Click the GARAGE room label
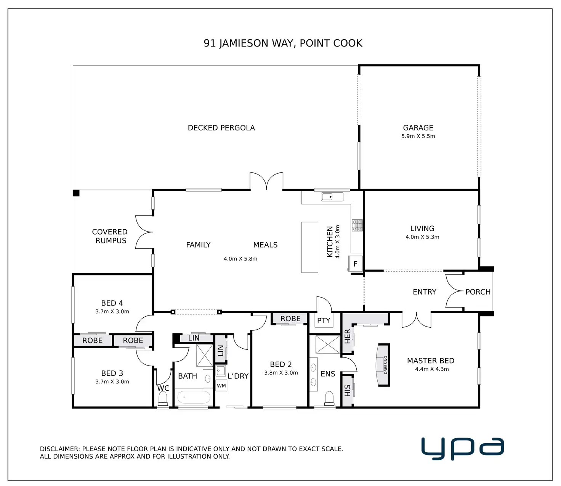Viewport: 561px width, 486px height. [x=418, y=128]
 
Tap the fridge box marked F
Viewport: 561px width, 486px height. [x=355, y=264]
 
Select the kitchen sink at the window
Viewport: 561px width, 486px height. [x=332, y=197]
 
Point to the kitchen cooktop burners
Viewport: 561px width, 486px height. [x=357, y=225]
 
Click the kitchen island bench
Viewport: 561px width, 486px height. [x=309, y=247]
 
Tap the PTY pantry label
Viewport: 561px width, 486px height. [x=324, y=320]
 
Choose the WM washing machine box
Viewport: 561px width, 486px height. [x=221, y=386]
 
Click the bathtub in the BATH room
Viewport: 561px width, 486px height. [x=194, y=397]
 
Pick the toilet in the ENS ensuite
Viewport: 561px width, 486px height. [x=329, y=399]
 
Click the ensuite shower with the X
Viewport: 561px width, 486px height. [x=327, y=344]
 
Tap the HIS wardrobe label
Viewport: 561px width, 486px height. [x=347, y=390]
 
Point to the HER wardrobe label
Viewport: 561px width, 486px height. [x=347, y=336]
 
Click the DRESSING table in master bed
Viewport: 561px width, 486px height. [x=383, y=365]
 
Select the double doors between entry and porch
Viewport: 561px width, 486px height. [x=454, y=292]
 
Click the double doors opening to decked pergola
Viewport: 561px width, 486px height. [x=266, y=181]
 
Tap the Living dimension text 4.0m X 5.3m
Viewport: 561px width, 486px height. [x=422, y=237]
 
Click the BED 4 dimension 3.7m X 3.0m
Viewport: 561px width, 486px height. [x=112, y=311]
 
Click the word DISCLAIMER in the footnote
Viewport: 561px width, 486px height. [x=60, y=449]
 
